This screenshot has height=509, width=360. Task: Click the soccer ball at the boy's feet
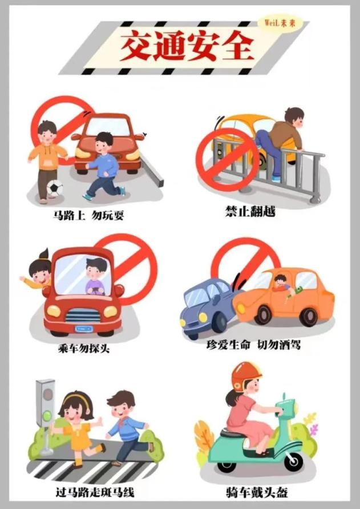tap(55, 188)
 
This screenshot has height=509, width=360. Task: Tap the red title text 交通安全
tap(187, 46)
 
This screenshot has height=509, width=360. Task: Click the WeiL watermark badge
tap(280, 23)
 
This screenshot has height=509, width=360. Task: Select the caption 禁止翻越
tap(250, 212)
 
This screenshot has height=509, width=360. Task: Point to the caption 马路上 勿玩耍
tap(88, 215)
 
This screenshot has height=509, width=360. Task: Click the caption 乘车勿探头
tap(84, 349)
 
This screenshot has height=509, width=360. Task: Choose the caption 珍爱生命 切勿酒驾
tap(253, 345)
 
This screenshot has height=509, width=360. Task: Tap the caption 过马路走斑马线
tap(95, 492)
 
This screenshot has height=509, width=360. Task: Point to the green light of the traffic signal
tap(47, 416)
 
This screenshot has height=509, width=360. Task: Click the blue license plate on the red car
tap(84, 329)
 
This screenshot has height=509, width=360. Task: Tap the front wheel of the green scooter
tap(293, 461)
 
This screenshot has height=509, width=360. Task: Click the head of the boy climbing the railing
tap(294, 117)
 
